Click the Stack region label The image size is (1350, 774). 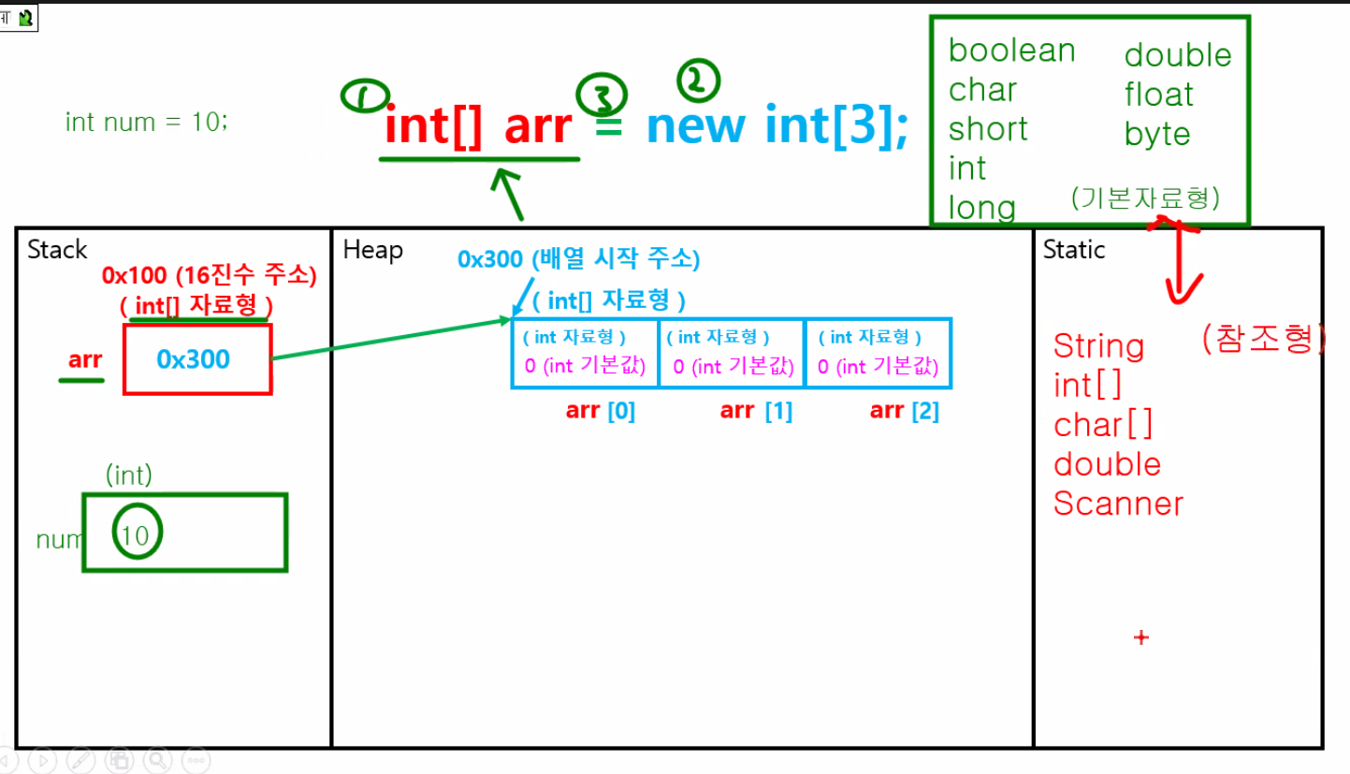coord(57,250)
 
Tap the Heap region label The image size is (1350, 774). coord(372,250)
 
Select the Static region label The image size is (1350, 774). coord(1073,250)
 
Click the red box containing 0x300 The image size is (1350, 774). coord(196,359)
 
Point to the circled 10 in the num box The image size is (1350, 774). coord(136,534)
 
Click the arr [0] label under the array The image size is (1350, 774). coord(601,411)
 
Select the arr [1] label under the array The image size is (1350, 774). coord(756,411)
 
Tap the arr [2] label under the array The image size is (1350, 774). coord(904,411)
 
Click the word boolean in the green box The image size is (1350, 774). coord(1011,51)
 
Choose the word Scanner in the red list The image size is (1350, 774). coord(1118,504)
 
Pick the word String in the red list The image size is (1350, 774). coord(1098,346)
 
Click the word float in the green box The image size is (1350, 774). coord(1158,95)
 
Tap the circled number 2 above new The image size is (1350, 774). coord(698,81)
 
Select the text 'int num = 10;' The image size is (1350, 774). coord(146,122)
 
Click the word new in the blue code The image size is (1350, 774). coord(695,126)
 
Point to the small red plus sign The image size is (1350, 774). coord(1140,638)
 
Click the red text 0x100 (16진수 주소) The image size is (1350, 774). coord(210,275)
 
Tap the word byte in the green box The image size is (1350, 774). coord(1156,134)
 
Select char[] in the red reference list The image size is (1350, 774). coord(1103,425)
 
